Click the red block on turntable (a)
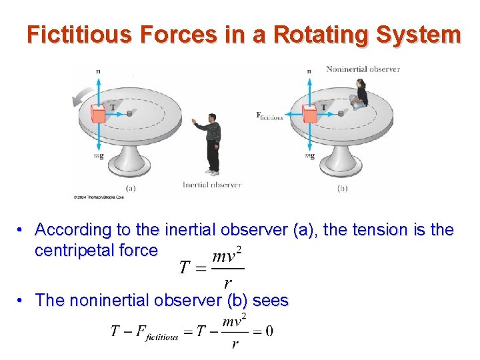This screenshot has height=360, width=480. pos(99,114)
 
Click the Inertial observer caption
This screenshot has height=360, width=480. pos(211,185)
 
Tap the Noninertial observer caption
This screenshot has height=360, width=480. pos(363,69)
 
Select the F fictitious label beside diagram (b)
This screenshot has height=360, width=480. pos(269,116)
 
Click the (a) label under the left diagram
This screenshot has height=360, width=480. pos(131,188)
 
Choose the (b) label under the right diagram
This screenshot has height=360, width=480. pos(342,188)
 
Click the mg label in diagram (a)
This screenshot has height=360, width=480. pos(98,156)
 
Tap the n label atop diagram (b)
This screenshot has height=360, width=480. pos(309,71)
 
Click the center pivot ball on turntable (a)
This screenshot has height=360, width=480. pos(129,114)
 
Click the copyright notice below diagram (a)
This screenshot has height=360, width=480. pos(97,197)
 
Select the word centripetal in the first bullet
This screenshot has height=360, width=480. pos(79,251)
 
